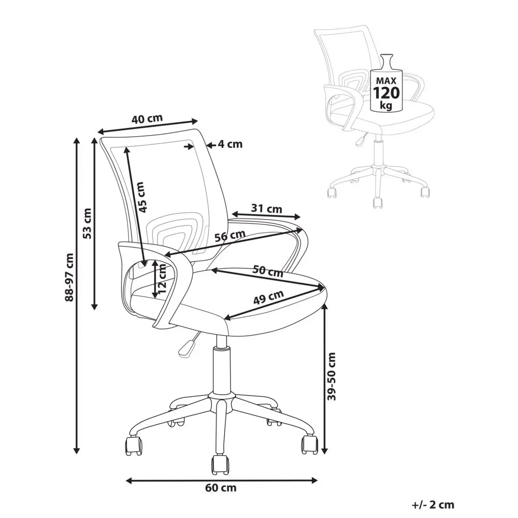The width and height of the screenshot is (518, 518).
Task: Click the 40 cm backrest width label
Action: point(147,118)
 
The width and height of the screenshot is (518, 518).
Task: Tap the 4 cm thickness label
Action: point(230,145)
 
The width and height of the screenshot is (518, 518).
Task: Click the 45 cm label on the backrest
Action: point(141,197)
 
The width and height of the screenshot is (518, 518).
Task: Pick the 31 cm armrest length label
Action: point(267,209)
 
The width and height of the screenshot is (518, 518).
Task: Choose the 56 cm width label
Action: point(229,236)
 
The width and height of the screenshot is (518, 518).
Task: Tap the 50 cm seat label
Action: point(268,271)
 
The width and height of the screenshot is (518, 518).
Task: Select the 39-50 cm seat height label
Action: point(332,377)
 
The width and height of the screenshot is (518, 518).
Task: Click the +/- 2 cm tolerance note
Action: point(433,504)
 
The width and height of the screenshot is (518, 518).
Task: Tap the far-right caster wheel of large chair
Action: point(310,444)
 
